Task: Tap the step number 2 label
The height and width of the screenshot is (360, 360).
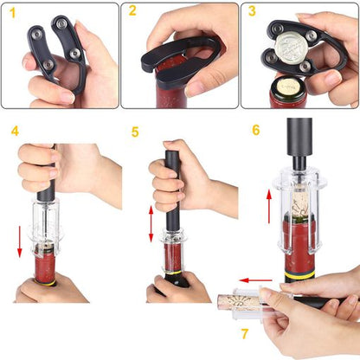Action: (132, 11)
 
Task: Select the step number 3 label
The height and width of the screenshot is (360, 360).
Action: (252, 11)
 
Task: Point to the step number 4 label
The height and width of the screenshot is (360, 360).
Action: (15, 132)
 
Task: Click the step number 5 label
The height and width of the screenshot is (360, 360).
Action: (135, 132)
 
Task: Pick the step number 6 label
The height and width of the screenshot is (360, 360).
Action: (255, 130)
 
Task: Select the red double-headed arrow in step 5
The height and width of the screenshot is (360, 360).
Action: (151, 224)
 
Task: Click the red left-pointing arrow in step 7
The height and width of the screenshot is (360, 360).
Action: (257, 280)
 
